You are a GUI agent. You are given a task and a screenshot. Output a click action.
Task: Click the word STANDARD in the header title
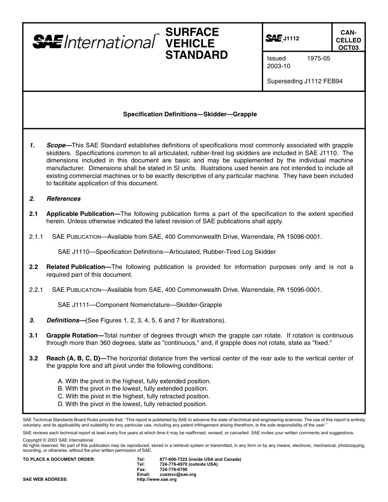coord(196,55)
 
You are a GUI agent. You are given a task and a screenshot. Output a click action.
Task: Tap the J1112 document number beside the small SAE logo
coord(292,39)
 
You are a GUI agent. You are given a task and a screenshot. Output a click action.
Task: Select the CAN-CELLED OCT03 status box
coord(348,40)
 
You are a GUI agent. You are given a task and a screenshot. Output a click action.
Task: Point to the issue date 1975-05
coord(318,58)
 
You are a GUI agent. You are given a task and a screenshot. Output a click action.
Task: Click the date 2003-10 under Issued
coord(279,66)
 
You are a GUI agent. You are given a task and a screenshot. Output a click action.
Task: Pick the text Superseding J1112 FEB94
coord(305,81)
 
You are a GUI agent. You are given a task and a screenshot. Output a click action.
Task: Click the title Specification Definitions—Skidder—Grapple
coord(190,114)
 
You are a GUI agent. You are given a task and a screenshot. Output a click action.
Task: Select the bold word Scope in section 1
coord(56,145)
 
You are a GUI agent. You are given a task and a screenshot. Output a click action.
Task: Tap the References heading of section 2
coord(64,199)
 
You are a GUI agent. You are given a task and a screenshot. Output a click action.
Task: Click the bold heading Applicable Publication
coord(80,214)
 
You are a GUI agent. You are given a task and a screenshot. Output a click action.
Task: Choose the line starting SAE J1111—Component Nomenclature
coord(140,305)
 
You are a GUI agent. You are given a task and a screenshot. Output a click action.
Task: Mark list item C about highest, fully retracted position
coord(134,396)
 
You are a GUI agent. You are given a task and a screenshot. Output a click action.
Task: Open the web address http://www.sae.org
coord(156,480)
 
